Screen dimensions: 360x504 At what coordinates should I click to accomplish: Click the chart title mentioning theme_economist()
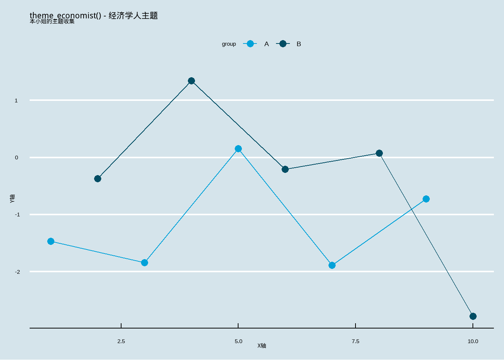pyautogui.click(x=94, y=15)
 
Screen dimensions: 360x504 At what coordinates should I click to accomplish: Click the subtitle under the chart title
pyautogui.click(x=52, y=21)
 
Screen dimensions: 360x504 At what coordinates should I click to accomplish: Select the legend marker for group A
pyautogui.click(x=250, y=44)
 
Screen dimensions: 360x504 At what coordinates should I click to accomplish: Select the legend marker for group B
pyautogui.click(x=283, y=44)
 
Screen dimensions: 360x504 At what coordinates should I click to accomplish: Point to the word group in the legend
pyautogui.click(x=229, y=44)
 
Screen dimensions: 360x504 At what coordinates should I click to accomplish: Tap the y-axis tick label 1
pyautogui.click(x=16, y=100)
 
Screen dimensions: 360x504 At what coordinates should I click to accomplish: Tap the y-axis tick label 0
pyautogui.click(x=16, y=157)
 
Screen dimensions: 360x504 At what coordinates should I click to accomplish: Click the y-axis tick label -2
pyautogui.click(x=17, y=271)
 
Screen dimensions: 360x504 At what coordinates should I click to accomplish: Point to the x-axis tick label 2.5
pyautogui.click(x=121, y=341)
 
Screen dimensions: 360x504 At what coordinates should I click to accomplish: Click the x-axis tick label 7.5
pyautogui.click(x=355, y=341)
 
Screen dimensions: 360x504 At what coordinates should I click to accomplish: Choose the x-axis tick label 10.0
pyautogui.click(x=473, y=341)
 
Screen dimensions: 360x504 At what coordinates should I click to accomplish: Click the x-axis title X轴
pyautogui.click(x=262, y=346)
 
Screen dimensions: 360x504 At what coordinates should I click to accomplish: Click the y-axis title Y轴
pyautogui.click(x=12, y=198)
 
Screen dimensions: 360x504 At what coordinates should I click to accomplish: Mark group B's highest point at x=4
pyautogui.click(x=191, y=81)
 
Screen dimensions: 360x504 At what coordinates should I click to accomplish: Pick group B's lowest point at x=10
pyautogui.click(x=473, y=316)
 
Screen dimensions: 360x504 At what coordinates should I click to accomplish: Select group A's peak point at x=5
pyautogui.click(x=238, y=149)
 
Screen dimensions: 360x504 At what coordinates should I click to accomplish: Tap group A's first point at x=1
pyautogui.click(x=51, y=241)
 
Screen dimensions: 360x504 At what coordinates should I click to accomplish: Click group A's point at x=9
pyautogui.click(x=426, y=199)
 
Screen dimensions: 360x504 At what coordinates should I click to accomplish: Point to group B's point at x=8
pyautogui.click(x=379, y=153)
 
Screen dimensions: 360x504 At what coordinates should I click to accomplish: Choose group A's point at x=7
pyautogui.click(x=332, y=265)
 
